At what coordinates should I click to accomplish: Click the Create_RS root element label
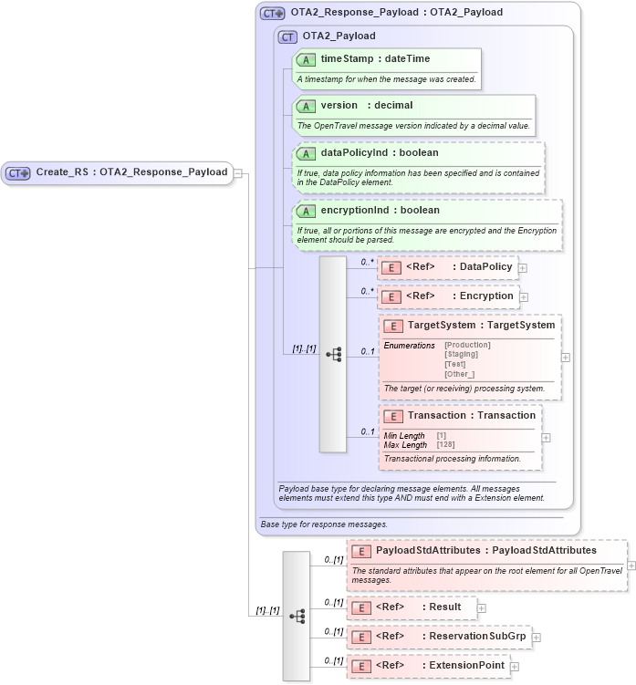[x=131, y=171]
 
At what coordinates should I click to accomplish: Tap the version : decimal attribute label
[x=366, y=106]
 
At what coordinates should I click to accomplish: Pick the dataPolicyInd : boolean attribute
[x=379, y=153]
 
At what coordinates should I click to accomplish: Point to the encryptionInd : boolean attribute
[x=380, y=211]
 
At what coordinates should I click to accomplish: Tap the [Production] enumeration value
[x=467, y=345]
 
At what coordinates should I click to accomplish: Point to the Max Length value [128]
[x=445, y=445]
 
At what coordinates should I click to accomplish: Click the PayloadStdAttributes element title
[x=485, y=551]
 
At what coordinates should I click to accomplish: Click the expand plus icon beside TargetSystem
[x=566, y=358]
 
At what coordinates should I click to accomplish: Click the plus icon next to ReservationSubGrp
[x=537, y=638]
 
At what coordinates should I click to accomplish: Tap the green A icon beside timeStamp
[x=307, y=60]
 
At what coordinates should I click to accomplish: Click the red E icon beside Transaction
[x=394, y=417]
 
